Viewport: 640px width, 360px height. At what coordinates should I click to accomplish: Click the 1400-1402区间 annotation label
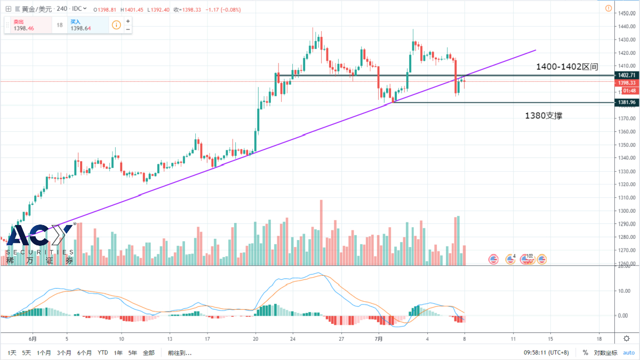567,67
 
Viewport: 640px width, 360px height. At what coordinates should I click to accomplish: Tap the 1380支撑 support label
543,115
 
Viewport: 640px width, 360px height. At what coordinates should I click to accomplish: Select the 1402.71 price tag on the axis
625,75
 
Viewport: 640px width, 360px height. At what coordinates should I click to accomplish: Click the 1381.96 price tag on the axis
625,102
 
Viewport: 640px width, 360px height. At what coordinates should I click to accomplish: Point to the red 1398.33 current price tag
625,83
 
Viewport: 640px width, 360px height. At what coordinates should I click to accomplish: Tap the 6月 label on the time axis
33,338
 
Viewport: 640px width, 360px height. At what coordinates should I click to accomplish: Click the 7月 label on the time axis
379,338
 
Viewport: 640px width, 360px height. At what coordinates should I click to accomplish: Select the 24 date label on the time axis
293,338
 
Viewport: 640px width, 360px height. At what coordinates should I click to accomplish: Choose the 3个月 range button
64,353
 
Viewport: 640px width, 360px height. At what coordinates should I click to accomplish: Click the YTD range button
103,353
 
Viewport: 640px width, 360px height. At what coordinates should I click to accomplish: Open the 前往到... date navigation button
179,353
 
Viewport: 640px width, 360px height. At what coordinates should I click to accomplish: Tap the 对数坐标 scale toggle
605,353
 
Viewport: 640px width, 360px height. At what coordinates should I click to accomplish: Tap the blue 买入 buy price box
85,25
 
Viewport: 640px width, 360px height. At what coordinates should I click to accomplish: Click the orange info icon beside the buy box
116,25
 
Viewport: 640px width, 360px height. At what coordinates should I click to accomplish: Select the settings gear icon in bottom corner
627,338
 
